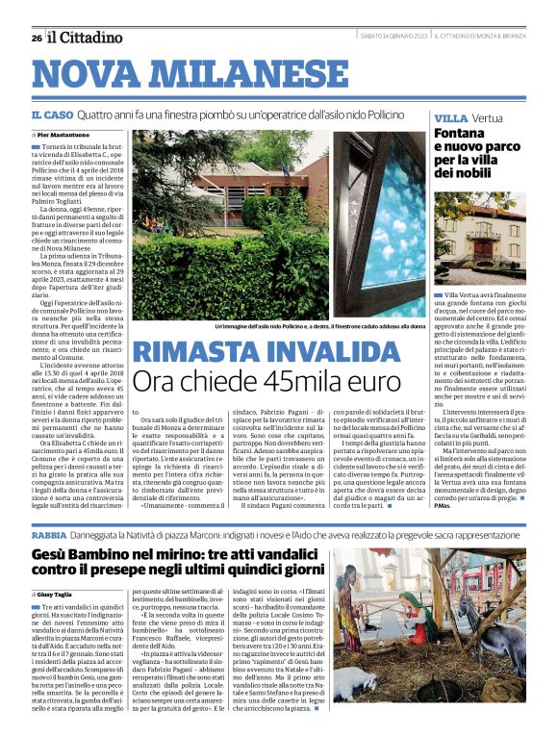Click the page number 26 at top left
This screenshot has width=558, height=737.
(x=36, y=38)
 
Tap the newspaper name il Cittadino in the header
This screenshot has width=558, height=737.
(x=86, y=37)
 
